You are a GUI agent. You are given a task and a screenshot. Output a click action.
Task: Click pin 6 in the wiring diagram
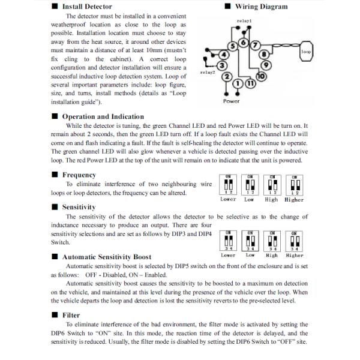[242, 43]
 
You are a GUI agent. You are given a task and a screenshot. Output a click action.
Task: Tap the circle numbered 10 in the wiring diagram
[261, 76]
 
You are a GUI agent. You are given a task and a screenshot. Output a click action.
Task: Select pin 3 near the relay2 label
[222, 65]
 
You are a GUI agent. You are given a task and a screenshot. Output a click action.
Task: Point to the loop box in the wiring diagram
[307, 52]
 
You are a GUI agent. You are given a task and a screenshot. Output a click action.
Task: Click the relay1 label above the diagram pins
[244, 20]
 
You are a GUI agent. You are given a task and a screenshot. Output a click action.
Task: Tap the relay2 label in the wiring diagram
[207, 72]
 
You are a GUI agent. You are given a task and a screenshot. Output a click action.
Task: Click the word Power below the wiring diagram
[232, 101]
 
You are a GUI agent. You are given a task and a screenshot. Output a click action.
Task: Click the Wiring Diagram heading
[260, 7]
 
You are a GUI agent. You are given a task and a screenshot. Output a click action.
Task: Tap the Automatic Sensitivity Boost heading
[107, 257]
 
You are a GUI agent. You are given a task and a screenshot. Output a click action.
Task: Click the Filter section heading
[71, 314]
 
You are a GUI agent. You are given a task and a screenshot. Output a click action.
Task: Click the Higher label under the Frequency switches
[294, 199]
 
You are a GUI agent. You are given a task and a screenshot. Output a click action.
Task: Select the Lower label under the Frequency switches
[228, 199]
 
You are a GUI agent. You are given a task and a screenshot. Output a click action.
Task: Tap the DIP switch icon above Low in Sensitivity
[250, 240]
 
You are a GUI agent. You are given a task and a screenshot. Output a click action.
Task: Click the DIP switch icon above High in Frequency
[272, 184]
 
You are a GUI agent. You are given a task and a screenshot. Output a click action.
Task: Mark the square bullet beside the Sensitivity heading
[55, 207]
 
